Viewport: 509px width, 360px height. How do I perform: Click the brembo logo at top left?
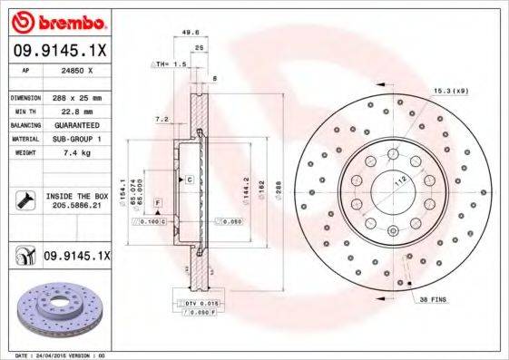57,21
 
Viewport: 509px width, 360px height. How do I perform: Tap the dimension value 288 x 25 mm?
77,96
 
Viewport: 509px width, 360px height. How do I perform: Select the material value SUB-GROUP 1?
75,140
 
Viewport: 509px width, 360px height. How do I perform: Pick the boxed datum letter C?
189,180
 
